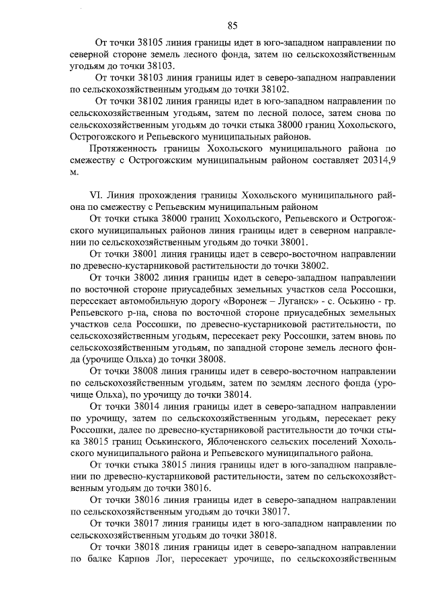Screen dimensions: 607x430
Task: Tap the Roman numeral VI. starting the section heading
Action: pos(97,195)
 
